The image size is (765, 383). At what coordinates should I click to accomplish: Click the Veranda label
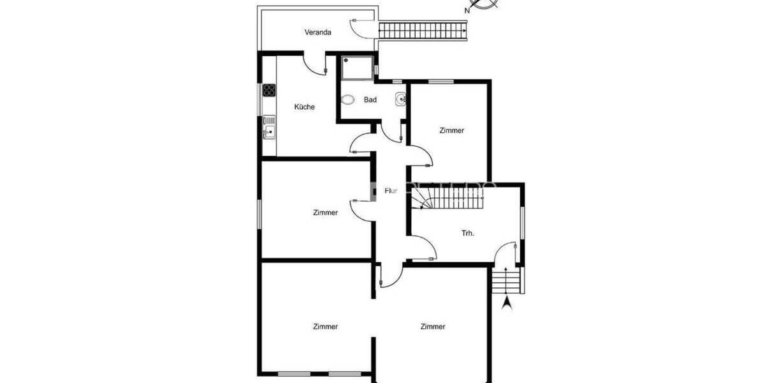pos(317,33)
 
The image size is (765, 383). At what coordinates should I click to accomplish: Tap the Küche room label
pos(304,107)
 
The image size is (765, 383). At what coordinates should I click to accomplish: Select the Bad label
pos(370,100)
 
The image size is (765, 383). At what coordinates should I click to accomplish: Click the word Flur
pos(391,190)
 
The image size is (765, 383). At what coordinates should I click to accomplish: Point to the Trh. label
pos(468,233)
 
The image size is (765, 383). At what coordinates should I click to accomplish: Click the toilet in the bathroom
pos(348,100)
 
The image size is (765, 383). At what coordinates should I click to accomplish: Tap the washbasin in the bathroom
pos(400,99)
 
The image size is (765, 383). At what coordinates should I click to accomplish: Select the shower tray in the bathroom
pos(357,67)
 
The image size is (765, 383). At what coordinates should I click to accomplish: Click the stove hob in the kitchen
pos(268,90)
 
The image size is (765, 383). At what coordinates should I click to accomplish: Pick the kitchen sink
pos(269,132)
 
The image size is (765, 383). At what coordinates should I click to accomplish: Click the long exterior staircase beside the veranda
pos(424,30)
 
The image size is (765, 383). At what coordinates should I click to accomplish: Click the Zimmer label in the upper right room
pos(452,130)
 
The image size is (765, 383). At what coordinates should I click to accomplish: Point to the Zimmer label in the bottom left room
pos(325,326)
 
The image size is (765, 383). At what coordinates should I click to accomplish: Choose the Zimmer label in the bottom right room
pos(432,326)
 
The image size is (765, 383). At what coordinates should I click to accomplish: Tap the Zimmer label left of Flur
pos(325,213)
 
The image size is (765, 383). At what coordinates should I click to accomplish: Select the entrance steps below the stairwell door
pos(507,280)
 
